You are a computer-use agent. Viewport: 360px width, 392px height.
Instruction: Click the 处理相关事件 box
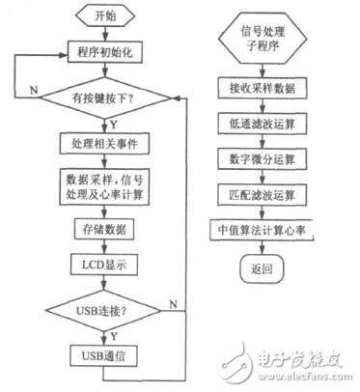pos(107,144)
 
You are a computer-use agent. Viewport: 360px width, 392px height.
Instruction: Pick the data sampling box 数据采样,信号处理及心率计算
pos(107,185)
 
